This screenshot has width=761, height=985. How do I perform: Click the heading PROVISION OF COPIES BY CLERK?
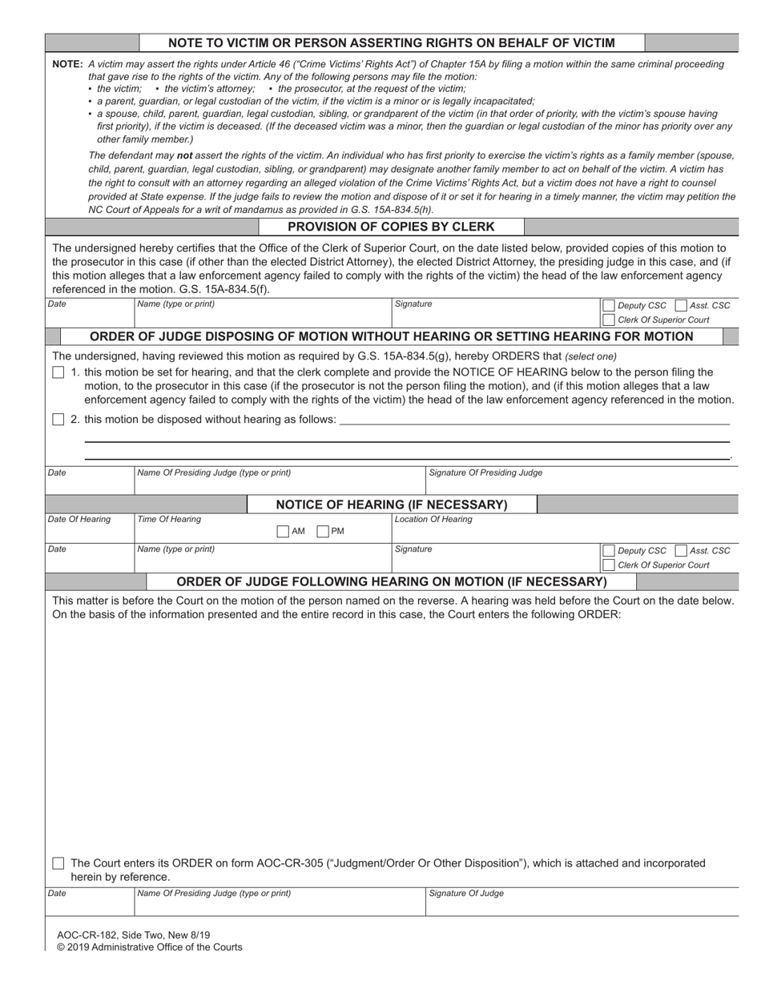coord(391,227)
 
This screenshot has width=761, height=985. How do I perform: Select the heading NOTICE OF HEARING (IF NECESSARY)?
coord(391,505)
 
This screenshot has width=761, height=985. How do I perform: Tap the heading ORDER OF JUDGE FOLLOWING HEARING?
coord(391,581)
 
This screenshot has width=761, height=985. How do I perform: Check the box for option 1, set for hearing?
coord(58,372)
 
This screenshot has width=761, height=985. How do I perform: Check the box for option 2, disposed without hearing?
coord(58,420)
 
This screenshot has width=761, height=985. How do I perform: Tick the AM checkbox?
coord(283,531)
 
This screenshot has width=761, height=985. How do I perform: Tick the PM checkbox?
coord(323,531)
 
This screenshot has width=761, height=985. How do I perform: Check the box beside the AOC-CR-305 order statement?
coord(58,863)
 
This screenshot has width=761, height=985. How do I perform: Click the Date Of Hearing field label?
coord(79,520)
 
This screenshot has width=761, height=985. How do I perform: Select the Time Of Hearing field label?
coord(169,520)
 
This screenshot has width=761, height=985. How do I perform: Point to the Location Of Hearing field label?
coord(433,520)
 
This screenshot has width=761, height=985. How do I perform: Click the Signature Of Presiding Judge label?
coord(485,473)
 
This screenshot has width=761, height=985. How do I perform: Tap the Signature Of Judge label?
coord(466,894)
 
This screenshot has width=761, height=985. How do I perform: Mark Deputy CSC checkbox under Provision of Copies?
coord(608,305)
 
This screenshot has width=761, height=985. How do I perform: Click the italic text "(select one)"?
coord(590,356)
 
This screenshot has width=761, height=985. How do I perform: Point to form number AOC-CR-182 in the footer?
coord(88,935)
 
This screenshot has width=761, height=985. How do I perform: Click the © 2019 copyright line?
coord(149,947)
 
